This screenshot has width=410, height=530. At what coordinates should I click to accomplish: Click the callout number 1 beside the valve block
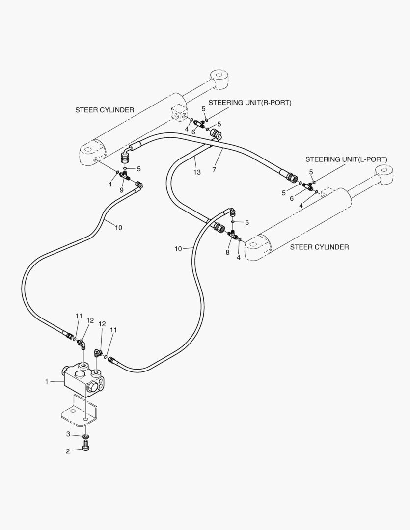[x=47, y=381]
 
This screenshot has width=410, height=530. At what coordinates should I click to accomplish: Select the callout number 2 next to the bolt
[x=68, y=451]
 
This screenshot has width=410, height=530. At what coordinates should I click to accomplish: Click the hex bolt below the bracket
[x=86, y=449]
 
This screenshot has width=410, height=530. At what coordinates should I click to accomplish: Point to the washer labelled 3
[x=86, y=437]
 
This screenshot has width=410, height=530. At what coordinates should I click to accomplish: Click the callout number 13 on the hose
[x=197, y=172]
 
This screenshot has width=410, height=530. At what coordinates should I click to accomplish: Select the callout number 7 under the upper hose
[x=214, y=169]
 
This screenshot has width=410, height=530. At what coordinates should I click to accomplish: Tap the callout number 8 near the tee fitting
[x=227, y=252]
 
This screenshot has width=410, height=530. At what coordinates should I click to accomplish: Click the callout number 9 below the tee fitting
[x=121, y=190]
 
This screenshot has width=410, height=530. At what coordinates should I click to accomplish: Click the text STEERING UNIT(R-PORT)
[x=249, y=103]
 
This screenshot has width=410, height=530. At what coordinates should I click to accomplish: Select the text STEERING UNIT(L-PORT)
[x=346, y=159]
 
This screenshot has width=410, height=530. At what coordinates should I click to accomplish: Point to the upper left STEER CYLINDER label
[x=104, y=110]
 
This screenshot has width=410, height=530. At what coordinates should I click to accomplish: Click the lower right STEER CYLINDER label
[x=319, y=247]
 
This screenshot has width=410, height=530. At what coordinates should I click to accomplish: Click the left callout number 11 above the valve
[x=79, y=316]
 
